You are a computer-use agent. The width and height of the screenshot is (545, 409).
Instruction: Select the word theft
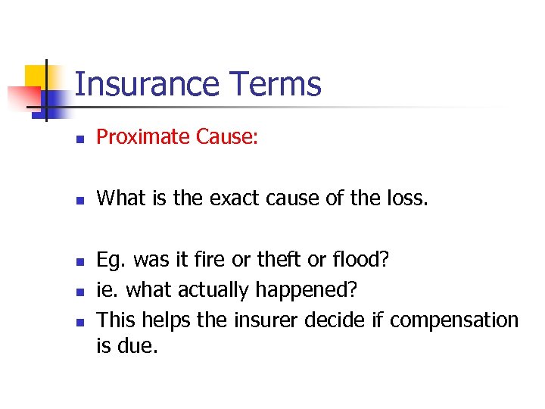coord(277,261)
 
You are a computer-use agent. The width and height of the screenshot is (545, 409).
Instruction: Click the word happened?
coord(307,290)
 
